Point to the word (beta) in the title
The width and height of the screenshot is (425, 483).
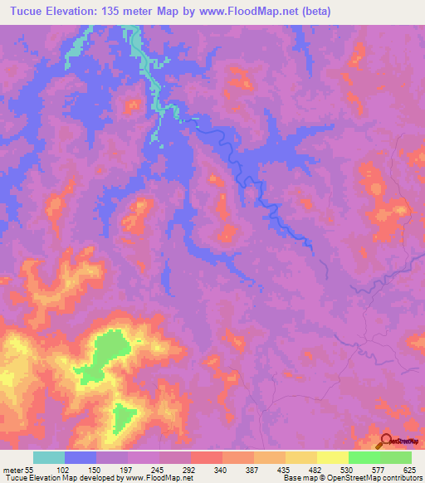(324, 12)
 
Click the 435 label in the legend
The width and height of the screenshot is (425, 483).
(285, 469)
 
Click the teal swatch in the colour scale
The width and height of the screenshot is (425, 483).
(49, 457)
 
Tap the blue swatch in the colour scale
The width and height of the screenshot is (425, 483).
(81, 457)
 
